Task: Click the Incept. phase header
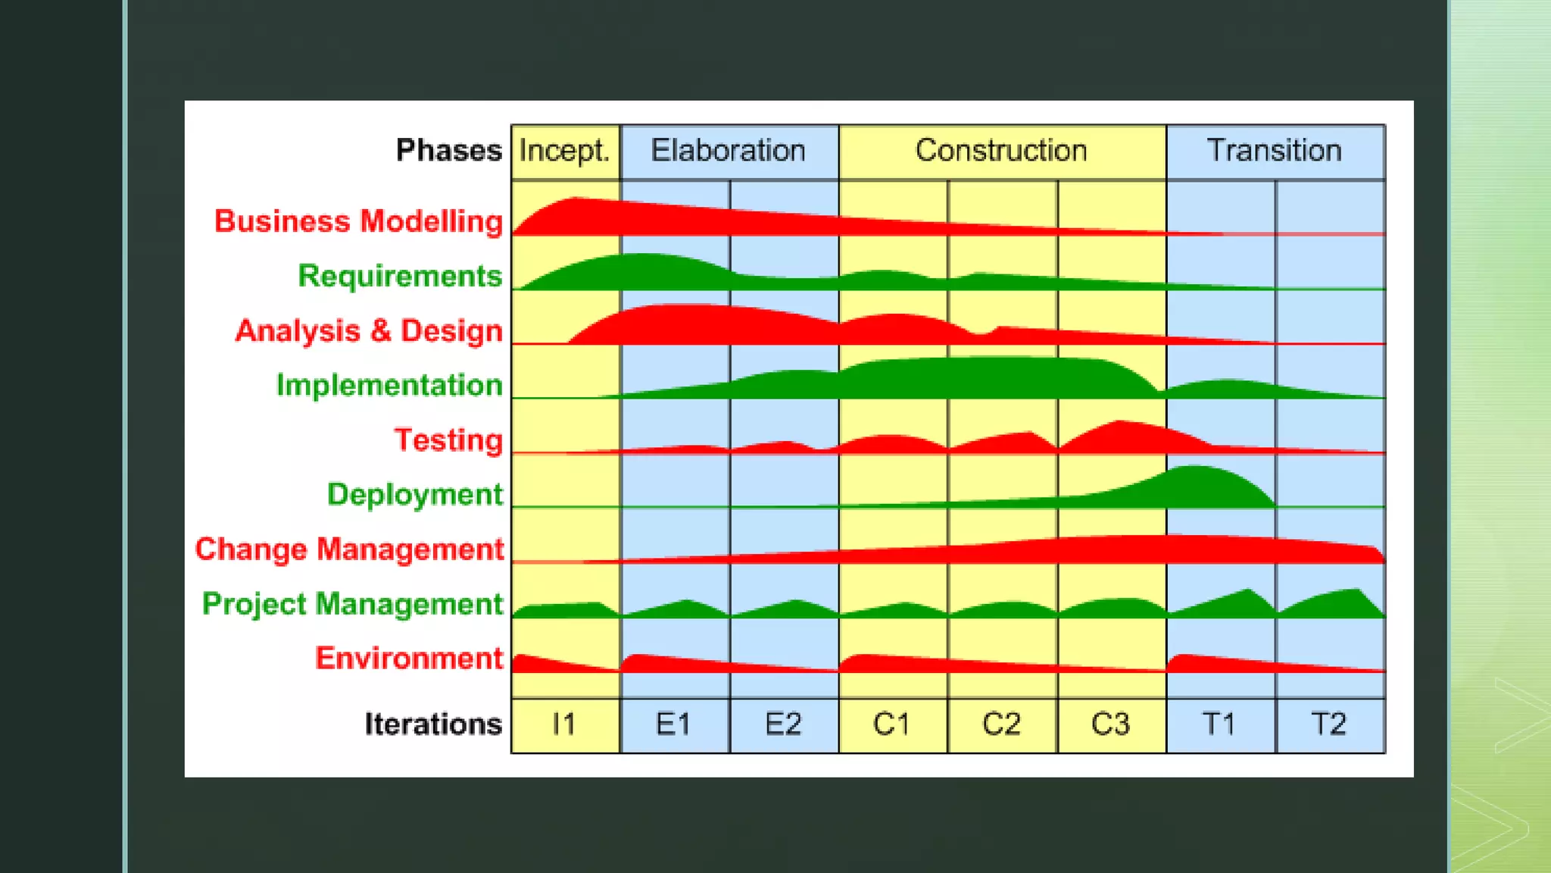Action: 565,151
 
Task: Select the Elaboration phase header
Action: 729,151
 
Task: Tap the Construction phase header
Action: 1001,151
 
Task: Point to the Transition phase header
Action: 1275,151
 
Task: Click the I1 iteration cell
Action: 565,724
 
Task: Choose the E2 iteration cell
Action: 783,724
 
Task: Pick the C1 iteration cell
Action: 892,724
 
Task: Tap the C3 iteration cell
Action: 1111,724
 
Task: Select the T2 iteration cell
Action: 1329,724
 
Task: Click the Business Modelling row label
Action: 358,221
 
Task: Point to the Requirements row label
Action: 400,276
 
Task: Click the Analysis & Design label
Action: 369,331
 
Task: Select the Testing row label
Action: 448,440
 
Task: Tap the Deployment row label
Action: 414,494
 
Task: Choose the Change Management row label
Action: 349,549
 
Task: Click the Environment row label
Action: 409,659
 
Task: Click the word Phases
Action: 448,151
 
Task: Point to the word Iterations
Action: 433,724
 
